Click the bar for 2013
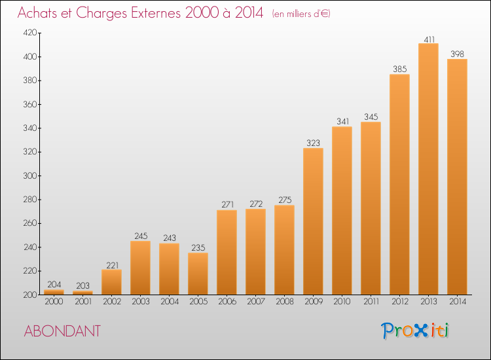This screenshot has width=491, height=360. click(428, 169)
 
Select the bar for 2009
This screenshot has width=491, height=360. click(313, 221)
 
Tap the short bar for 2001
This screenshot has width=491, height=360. click(82, 293)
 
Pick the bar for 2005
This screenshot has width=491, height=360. click(198, 274)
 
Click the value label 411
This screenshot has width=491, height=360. click(429, 40)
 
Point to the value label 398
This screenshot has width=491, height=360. click(457, 54)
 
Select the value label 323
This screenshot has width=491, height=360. click(313, 143)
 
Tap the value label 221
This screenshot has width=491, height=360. click(112, 266)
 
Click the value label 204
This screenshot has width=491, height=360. click(54, 285)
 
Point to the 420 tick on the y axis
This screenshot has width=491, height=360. click(30, 33)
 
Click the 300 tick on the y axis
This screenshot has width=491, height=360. click(30, 175)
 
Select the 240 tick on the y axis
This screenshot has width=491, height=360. click(30, 247)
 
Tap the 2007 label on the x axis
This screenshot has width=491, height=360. click(256, 302)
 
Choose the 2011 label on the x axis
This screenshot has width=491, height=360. click(371, 302)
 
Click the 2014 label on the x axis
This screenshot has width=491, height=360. click(458, 302)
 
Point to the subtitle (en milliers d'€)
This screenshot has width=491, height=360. click(301, 14)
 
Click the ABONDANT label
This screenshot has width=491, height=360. click(62, 331)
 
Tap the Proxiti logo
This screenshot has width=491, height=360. click(415, 331)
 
